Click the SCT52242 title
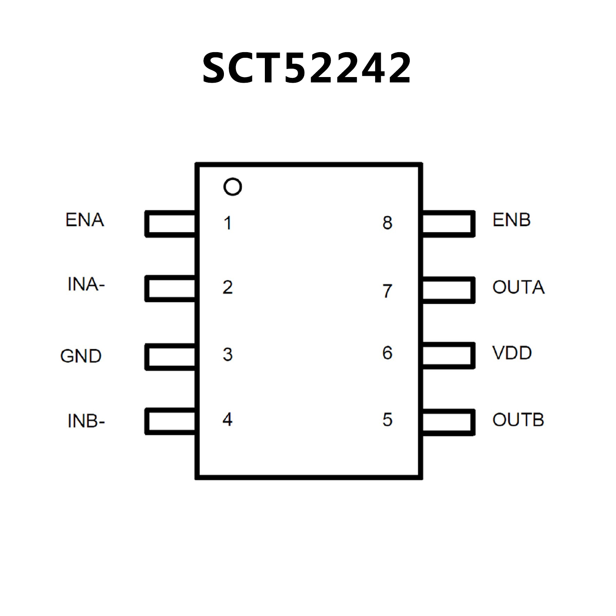point(307,68)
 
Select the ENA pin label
point(85,220)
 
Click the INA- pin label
point(86,285)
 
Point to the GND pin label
point(81,356)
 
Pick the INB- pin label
point(86,421)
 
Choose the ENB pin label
point(512,220)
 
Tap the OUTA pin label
point(518,287)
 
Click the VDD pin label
point(512,353)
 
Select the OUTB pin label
point(518,420)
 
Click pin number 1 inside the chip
point(228,223)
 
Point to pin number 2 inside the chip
point(228,287)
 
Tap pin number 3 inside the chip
point(228,354)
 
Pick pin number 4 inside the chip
point(228,419)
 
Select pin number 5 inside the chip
point(387,420)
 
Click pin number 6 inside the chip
point(387,353)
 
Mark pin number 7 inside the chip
point(387,291)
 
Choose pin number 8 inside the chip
point(387,223)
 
